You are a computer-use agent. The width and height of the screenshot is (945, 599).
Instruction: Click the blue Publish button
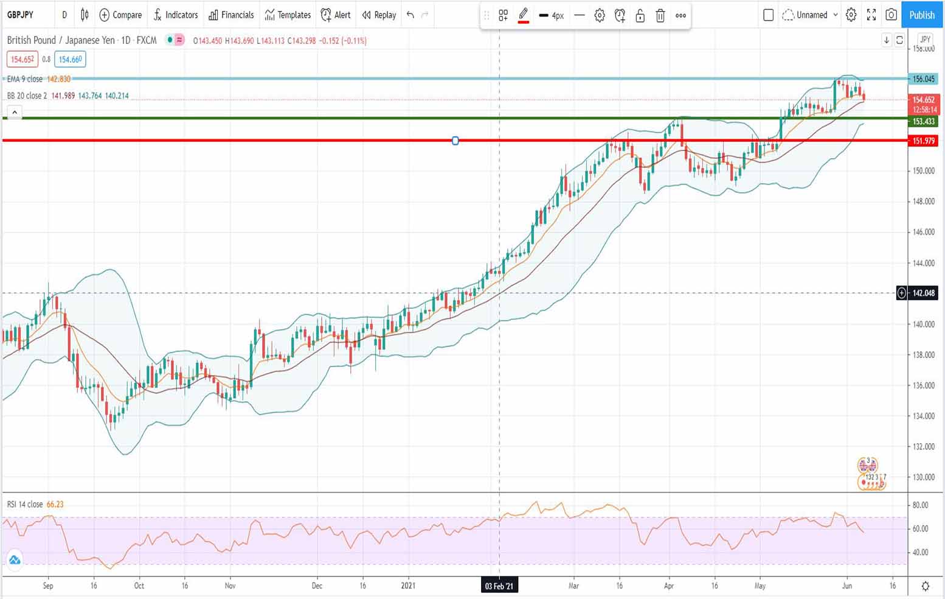point(921,15)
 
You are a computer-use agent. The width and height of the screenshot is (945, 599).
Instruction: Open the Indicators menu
point(175,15)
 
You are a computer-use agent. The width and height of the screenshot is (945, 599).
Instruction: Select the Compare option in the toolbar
point(120,15)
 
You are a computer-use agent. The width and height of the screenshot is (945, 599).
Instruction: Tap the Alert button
point(336,15)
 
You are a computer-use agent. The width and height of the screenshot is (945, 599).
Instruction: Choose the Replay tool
point(379,15)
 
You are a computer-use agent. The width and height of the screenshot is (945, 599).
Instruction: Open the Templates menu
point(288,15)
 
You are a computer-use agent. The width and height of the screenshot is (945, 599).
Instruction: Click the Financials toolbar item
point(231,15)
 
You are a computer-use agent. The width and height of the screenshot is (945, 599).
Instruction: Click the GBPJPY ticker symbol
point(21,15)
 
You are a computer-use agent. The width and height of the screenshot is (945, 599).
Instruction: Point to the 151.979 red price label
point(923,141)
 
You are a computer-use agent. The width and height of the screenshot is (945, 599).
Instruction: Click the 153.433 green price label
point(923,122)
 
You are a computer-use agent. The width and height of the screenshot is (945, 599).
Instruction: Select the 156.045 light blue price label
point(923,79)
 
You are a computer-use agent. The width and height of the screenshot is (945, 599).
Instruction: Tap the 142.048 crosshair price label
point(923,293)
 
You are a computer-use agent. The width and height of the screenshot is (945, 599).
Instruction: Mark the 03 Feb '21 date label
point(499,586)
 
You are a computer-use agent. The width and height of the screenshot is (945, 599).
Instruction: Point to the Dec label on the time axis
point(317,586)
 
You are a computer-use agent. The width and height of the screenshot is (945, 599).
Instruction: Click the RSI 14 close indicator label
point(25,505)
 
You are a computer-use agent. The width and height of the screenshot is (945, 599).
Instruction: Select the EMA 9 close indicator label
point(25,79)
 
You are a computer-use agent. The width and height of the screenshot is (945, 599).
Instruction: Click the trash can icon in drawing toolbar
point(660,16)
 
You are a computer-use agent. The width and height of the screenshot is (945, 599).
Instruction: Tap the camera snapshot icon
point(891,15)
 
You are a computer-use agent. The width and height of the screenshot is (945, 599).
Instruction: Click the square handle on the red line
point(455,141)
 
